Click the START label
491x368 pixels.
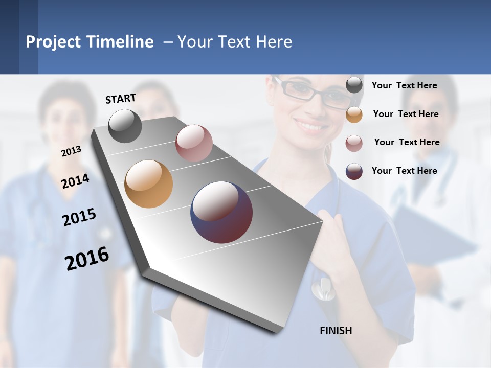click(x=121, y=99)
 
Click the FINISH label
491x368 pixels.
click(x=336, y=331)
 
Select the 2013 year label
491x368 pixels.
click(x=71, y=151)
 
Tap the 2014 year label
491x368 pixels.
click(x=75, y=181)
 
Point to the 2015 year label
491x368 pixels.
click(x=79, y=217)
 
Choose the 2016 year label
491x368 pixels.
click(x=87, y=258)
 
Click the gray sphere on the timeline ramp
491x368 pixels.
click(x=125, y=126)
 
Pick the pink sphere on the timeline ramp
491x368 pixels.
click(x=194, y=143)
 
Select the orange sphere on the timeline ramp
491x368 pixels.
click(x=148, y=184)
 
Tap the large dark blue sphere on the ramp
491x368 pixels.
click(x=221, y=212)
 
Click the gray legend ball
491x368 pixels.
click(x=354, y=85)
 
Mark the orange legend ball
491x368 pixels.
click(x=354, y=114)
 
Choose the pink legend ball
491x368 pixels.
click(x=354, y=143)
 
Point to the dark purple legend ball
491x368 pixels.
click(x=354, y=171)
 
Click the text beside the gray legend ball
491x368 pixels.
click(x=404, y=85)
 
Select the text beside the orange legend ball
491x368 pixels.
click(x=406, y=114)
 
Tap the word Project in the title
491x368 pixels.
click(x=53, y=42)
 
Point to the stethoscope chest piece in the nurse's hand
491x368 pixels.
click(x=323, y=290)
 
